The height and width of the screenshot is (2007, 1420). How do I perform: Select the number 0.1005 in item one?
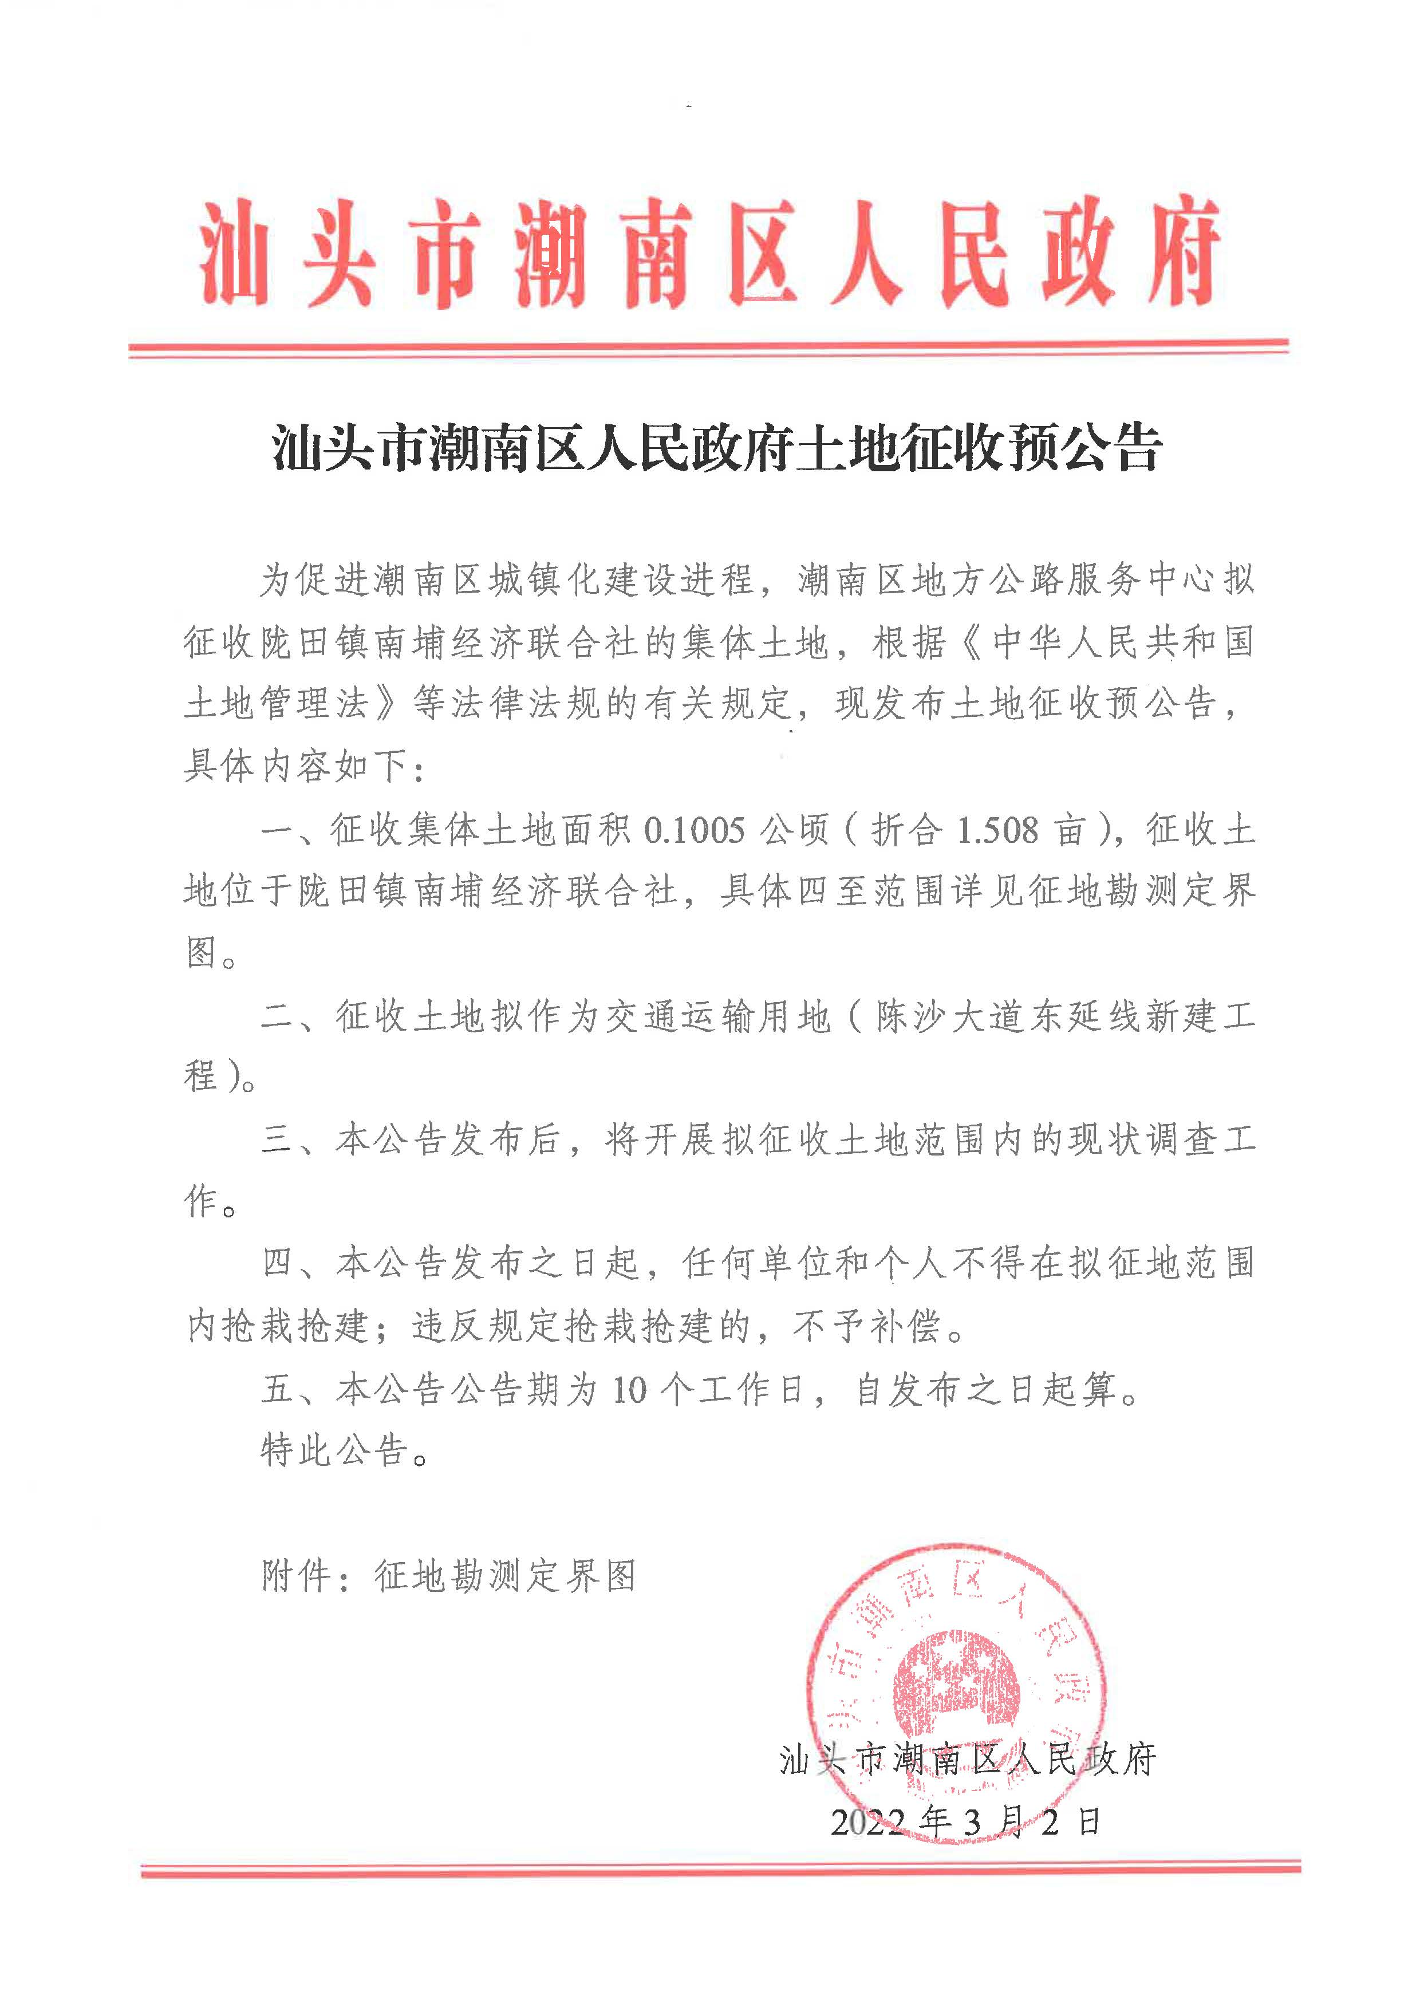tap(695, 830)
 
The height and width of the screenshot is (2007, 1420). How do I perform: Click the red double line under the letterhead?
tap(709, 347)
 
